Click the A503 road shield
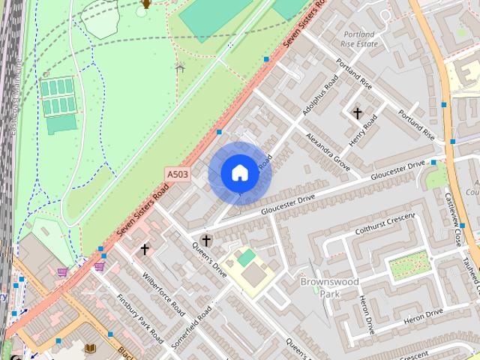(178, 174)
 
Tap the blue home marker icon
(239, 173)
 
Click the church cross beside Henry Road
(358, 113)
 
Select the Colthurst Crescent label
(385, 223)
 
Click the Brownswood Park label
(329, 287)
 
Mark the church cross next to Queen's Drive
(206, 241)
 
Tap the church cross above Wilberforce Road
(144, 249)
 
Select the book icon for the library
(90, 348)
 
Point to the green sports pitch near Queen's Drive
(247, 258)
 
